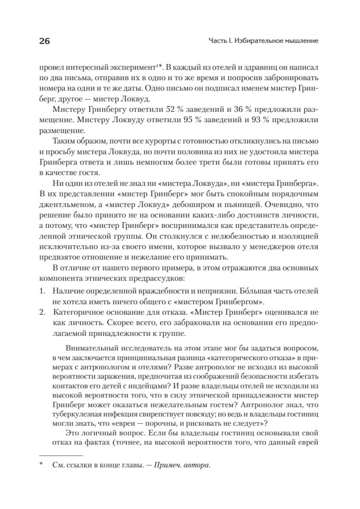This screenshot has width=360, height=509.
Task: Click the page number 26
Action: pos(44,41)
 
